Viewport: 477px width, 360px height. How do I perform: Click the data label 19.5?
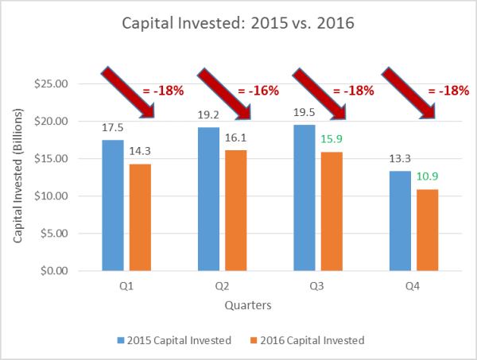click(x=304, y=114)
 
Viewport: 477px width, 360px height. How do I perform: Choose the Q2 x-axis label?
click(x=222, y=287)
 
